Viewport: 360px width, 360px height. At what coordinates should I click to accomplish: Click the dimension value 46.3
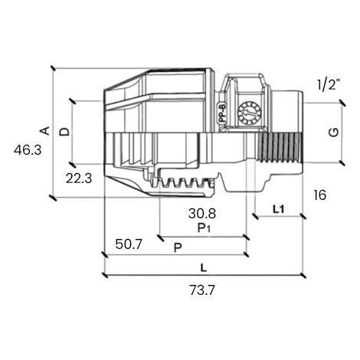pyautogui.click(x=28, y=150)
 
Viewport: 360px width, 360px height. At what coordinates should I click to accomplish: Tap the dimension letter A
pyautogui.click(x=45, y=130)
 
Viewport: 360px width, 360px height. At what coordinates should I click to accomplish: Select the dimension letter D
pyautogui.click(x=64, y=132)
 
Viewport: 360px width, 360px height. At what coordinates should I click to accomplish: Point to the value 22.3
pyautogui.click(x=79, y=178)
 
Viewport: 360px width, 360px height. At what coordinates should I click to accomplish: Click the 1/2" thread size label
pyautogui.click(x=329, y=84)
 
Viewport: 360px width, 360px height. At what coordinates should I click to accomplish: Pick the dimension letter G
pyautogui.click(x=334, y=132)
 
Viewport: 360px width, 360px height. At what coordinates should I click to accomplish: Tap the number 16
pyautogui.click(x=320, y=195)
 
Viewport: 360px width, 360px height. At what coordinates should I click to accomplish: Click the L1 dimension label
pyautogui.click(x=278, y=210)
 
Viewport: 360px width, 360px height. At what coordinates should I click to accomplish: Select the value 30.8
pyautogui.click(x=202, y=214)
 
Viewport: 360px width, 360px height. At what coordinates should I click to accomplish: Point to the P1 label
pyautogui.click(x=204, y=228)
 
